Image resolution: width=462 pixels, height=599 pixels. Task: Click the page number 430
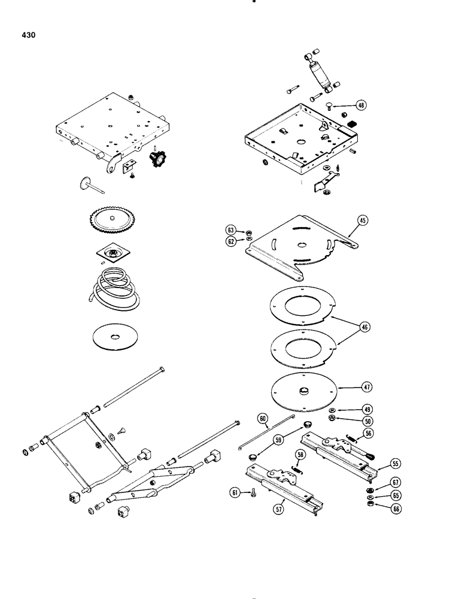click(x=28, y=36)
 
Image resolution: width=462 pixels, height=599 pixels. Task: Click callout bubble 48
click(x=362, y=104)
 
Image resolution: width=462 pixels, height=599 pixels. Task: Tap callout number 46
click(x=363, y=327)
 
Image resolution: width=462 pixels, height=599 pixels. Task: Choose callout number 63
click(x=230, y=229)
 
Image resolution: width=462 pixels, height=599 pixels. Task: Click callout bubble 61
click(x=234, y=493)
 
